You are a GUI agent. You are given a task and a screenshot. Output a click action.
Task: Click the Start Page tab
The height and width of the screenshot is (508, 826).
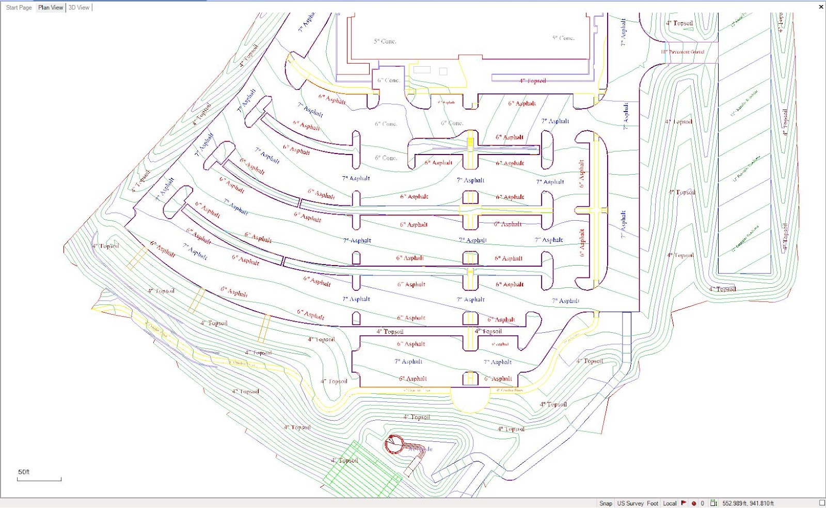(19, 8)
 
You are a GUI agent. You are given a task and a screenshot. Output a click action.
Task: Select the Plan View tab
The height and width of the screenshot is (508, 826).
(51, 8)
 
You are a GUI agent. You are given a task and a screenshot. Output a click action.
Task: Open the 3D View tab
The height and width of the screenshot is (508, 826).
(79, 8)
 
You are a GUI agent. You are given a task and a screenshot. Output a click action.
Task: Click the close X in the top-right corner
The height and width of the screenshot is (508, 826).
(821, 7)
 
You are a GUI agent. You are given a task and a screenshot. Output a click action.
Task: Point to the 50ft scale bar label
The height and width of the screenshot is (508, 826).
(24, 472)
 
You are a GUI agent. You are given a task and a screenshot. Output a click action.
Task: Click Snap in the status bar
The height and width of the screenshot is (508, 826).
(606, 503)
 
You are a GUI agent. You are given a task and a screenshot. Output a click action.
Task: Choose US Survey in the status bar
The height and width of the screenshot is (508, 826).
(630, 503)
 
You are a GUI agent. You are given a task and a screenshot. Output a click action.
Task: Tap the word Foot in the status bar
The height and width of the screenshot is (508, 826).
(653, 503)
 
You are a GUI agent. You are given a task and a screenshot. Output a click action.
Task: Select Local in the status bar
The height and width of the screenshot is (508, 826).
(670, 503)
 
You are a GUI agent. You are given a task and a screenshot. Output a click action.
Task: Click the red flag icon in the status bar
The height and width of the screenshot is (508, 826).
(684, 503)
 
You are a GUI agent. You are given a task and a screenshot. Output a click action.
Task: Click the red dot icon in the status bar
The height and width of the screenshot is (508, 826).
(694, 503)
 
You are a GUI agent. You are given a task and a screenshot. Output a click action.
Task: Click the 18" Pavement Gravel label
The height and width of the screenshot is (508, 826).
(682, 52)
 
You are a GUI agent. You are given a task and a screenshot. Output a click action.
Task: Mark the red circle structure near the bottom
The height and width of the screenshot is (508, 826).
(394, 444)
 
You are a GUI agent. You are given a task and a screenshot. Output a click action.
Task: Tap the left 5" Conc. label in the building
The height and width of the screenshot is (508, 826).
(385, 41)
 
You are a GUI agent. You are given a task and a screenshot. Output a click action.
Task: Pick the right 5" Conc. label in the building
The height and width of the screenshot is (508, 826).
(563, 38)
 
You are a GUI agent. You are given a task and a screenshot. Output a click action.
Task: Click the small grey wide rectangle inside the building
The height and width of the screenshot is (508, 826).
(422, 70)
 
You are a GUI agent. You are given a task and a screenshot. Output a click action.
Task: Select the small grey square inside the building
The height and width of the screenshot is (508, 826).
(443, 71)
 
